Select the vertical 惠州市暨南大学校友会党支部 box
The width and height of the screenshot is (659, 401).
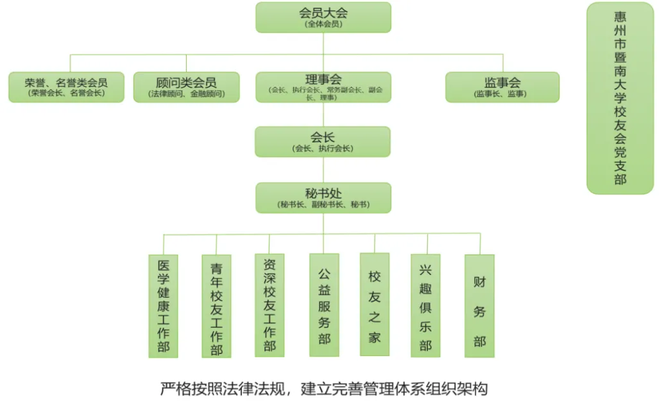[x=620, y=98]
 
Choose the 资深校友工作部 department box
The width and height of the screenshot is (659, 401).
[x=270, y=306]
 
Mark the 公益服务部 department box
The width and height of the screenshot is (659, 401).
[x=323, y=305]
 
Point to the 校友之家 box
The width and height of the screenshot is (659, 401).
[x=375, y=305]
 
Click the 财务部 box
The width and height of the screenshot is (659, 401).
[x=479, y=305]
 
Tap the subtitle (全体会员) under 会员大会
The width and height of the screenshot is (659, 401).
[x=323, y=24]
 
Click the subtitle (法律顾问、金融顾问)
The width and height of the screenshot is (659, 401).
[x=186, y=94]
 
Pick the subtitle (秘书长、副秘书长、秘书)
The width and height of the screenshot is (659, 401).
[x=323, y=205]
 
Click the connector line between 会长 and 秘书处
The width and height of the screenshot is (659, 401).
[x=323, y=170]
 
